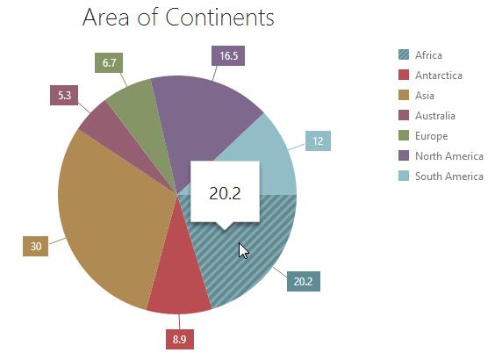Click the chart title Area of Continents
(x=178, y=17)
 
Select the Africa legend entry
(x=420, y=55)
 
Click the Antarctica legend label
(x=439, y=76)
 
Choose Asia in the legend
(x=416, y=96)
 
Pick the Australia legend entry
(x=427, y=116)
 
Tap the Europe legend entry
(x=423, y=136)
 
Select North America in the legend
(x=441, y=156)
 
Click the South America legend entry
(x=441, y=176)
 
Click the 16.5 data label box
(x=228, y=56)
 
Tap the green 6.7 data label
(x=109, y=63)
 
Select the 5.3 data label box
(x=64, y=95)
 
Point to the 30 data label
(x=36, y=246)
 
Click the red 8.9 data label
(x=180, y=339)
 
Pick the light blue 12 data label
(x=318, y=140)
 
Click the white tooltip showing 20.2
(x=225, y=192)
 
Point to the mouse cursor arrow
(x=243, y=251)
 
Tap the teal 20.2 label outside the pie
(x=304, y=281)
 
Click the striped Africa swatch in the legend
(x=404, y=54)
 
